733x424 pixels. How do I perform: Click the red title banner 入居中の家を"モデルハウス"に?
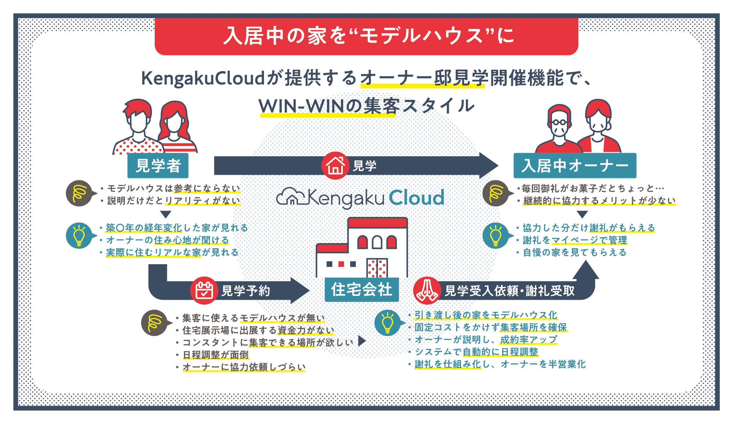(366, 36)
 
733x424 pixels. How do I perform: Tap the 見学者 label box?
(158, 166)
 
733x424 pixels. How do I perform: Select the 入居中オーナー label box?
(575, 166)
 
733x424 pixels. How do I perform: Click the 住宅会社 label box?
(361, 290)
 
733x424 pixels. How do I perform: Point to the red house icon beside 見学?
(335, 166)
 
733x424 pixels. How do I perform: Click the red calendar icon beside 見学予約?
(204, 290)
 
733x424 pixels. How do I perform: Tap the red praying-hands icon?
(426, 290)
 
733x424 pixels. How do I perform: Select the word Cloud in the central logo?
(416, 198)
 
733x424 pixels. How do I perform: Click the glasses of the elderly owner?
(559, 122)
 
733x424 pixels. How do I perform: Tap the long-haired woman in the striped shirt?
(175, 128)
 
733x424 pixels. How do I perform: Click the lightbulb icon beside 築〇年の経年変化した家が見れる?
(79, 236)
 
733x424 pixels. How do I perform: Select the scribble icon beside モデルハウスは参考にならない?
(78, 193)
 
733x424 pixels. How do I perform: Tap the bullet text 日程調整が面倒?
(216, 355)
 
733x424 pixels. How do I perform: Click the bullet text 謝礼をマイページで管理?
(575, 240)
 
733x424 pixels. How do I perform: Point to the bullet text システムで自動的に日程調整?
(476, 352)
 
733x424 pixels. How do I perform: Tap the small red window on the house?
(341, 264)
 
